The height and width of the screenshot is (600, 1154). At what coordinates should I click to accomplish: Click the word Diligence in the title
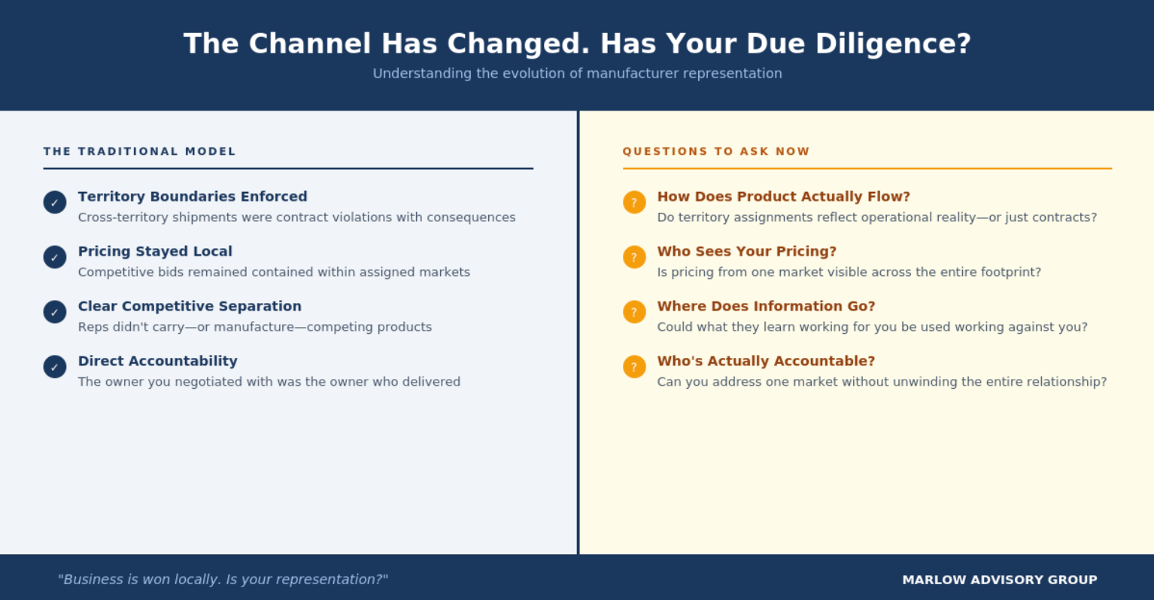[893, 44]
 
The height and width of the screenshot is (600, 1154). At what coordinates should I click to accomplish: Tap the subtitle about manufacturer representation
[577, 74]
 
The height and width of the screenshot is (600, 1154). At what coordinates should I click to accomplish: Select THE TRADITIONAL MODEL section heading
[139, 151]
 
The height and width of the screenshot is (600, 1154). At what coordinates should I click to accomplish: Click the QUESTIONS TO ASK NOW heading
[716, 151]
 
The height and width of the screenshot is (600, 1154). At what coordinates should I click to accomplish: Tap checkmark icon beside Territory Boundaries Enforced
[55, 202]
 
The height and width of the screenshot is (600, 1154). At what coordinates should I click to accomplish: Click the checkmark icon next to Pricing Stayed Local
[55, 257]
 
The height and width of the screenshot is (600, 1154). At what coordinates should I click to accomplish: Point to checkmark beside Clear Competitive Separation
[55, 311]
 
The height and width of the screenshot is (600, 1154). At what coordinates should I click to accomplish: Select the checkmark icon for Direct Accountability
[55, 367]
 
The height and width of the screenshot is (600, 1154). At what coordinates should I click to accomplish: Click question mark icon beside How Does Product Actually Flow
[634, 202]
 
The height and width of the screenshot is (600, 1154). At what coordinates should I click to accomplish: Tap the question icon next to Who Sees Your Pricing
[634, 257]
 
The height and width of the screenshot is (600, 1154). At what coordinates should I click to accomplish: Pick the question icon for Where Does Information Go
[634, 311]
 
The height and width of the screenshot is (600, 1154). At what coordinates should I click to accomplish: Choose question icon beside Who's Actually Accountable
[634, 367]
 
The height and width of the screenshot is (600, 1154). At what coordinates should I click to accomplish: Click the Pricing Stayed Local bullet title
[155, 251]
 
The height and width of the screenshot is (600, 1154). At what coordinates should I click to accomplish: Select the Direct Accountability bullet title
[158, 361]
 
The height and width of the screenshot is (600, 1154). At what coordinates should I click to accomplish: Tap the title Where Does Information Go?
[766, 306]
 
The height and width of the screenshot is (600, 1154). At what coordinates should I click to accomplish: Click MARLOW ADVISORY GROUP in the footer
[1000, 580]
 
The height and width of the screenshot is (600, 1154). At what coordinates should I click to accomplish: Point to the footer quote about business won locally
[223, 580]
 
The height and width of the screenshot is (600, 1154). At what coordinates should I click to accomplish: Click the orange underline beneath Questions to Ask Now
[867, 168]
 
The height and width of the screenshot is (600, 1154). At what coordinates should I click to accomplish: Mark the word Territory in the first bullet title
[111, 197]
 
